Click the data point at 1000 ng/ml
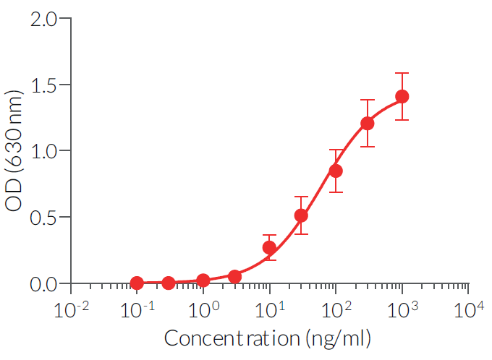click(402, 96)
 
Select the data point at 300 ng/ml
click(368, 123)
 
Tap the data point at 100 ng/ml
click(336, 171)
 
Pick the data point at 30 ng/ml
click(301, 215)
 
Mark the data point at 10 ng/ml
click(269, 248)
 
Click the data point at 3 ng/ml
click(234, 276)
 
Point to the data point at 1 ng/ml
click(203, 280)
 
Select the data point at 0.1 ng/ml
click(137, 283)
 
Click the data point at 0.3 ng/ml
click(168, 283)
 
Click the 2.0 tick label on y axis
click(45, 18)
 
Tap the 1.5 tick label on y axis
click(45, 85)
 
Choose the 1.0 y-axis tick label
click(45, 151)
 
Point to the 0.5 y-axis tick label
click(45, 217)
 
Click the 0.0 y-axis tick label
click(45, 283)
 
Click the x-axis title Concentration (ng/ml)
click(268, 338)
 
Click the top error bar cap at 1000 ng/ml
click(402, 73)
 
